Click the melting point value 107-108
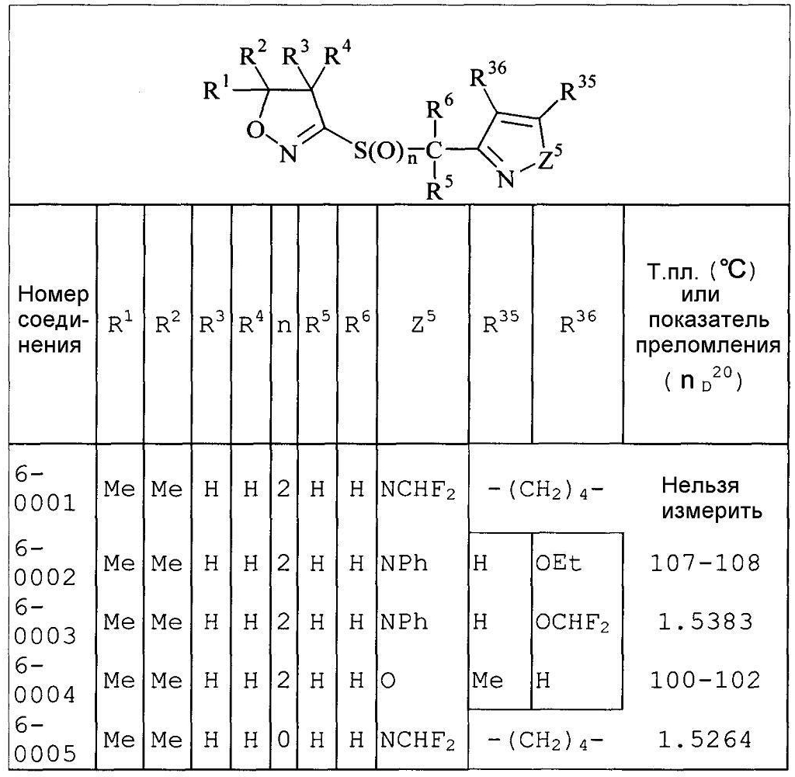point(705,563)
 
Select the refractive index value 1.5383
point(705,622)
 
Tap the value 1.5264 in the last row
point(705,740)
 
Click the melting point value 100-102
point(705,680)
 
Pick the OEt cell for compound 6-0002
point(558,563)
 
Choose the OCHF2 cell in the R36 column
point(572,622)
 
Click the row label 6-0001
point(44,490)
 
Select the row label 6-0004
point(44,680)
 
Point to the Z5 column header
point(423,323)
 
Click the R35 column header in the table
point(501,323)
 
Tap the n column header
point(284,326)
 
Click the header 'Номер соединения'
point(54,319)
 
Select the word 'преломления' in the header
point(708,345)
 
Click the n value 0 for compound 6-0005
point(284,740)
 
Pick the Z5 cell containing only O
point(388,681)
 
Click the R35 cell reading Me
point(488,681)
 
